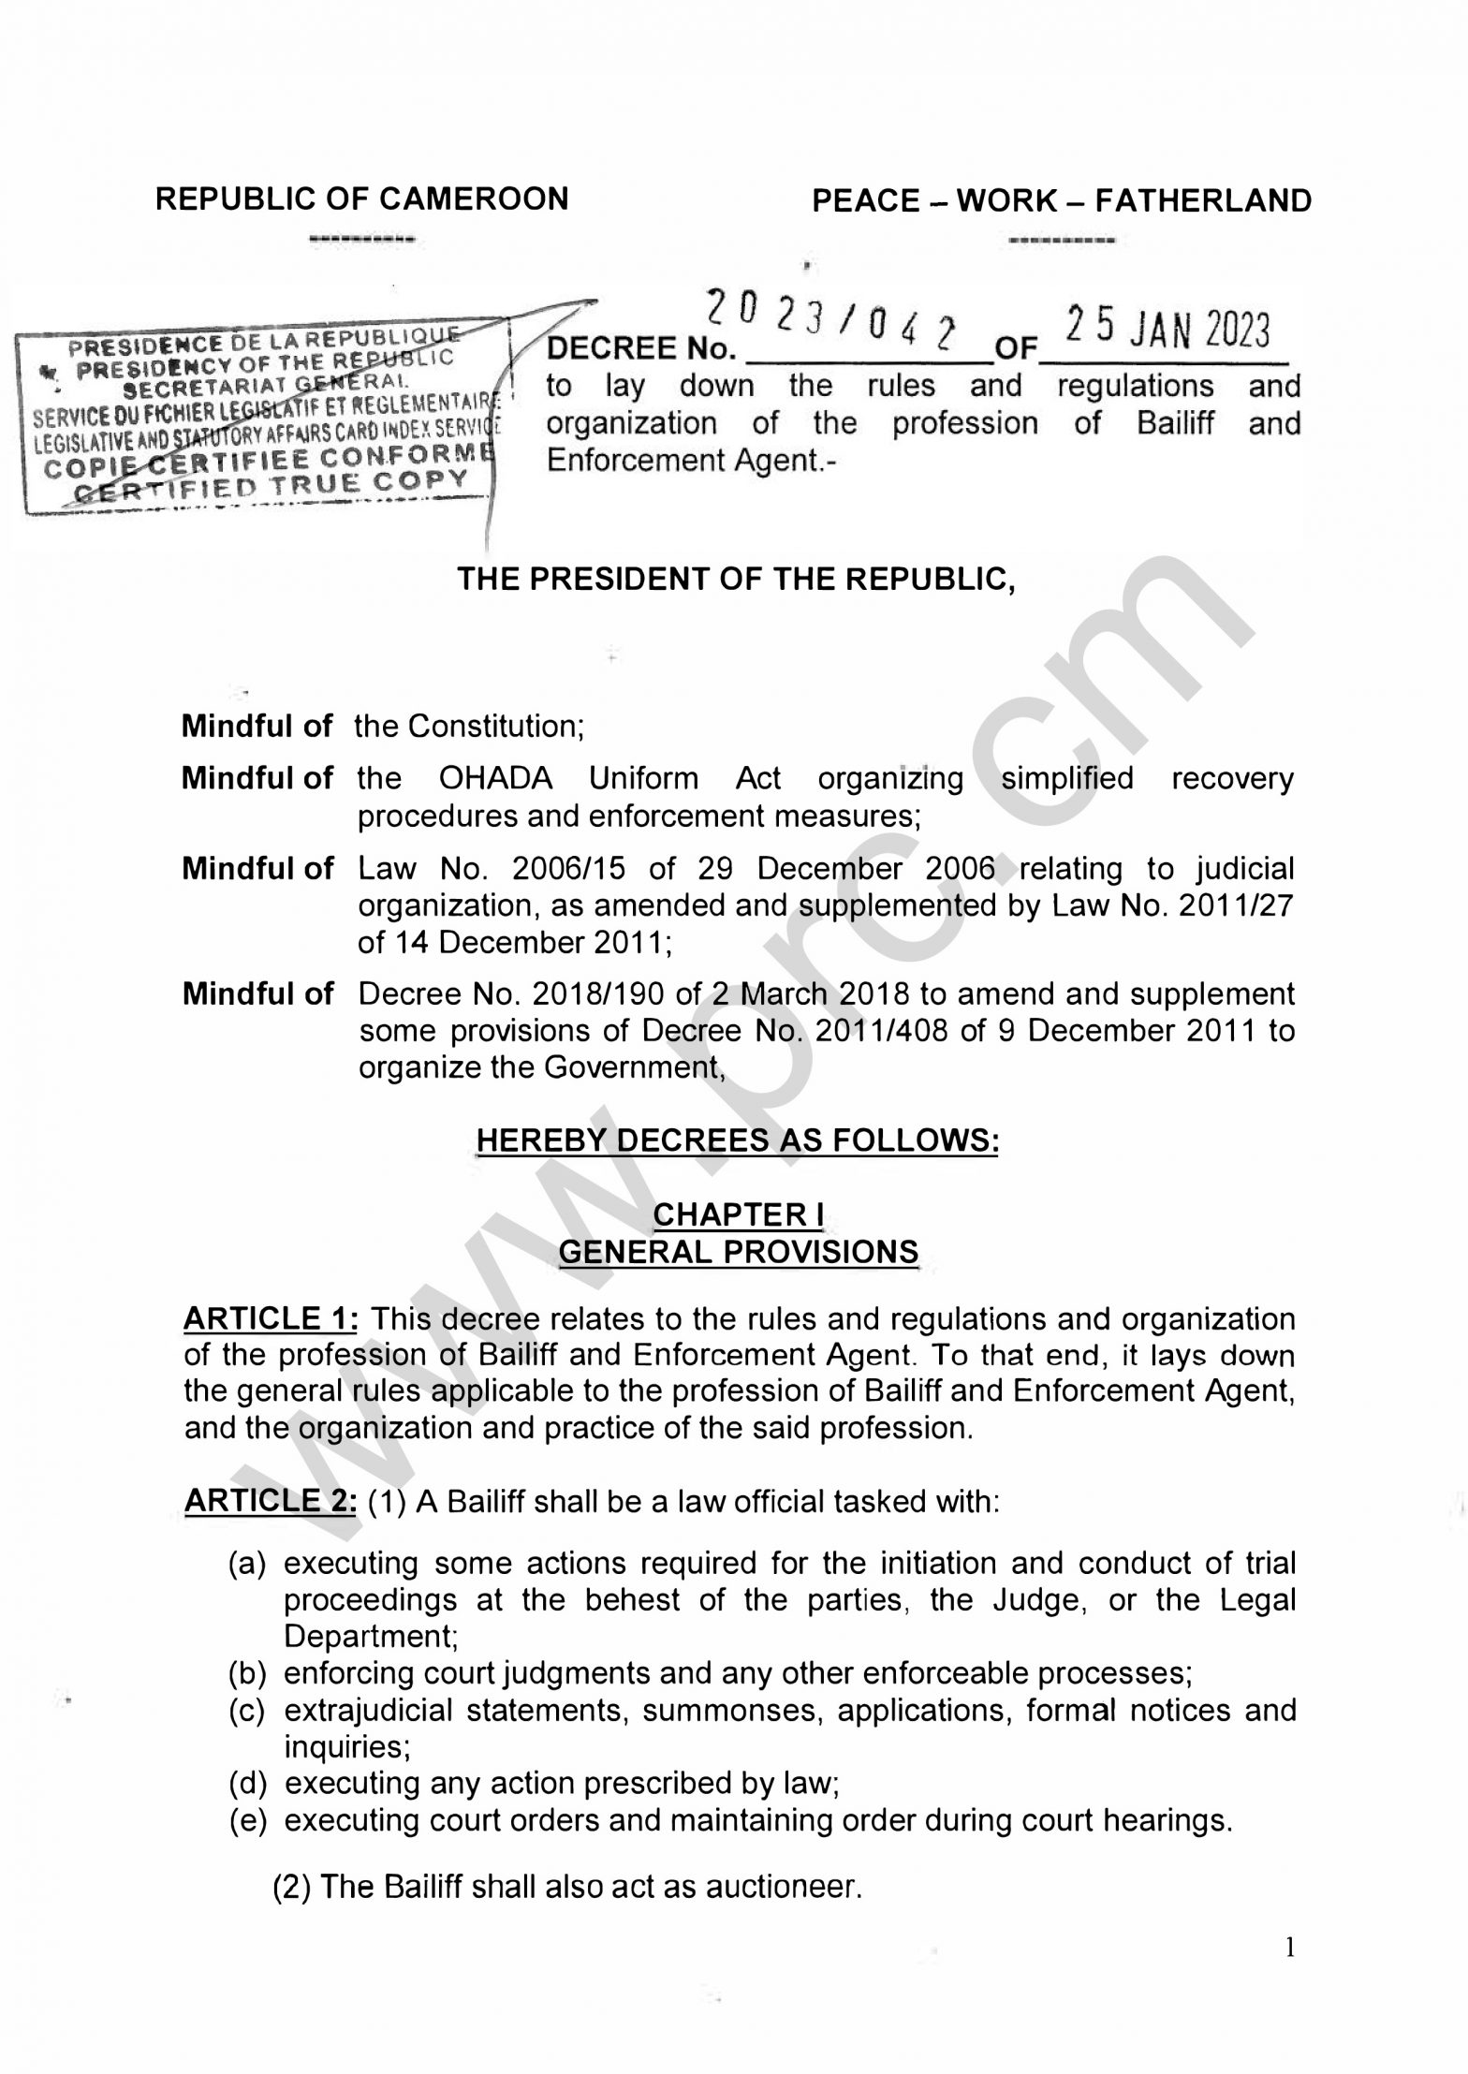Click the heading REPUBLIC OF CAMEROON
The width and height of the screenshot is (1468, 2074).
[361, 199]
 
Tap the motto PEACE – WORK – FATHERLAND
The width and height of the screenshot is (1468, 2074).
[1061, 201]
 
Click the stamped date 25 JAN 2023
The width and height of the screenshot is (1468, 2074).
[1167, 331]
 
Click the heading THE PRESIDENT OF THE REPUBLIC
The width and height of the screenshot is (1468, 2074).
[736, 580]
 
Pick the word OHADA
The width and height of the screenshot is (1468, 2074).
[495, 778]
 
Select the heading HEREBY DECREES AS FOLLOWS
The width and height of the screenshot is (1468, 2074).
[737, 1140]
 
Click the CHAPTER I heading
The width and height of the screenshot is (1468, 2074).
[738, 1214]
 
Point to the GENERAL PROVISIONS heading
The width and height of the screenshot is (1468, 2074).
[738, 1252]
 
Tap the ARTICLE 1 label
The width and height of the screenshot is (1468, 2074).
[270, 1318]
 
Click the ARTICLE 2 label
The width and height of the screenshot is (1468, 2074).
[270, 1501]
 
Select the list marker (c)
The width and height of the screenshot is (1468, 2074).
[248, 1710]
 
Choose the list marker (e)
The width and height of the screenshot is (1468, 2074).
[248, 1820]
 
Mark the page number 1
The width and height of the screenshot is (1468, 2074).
[1290, 1949]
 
